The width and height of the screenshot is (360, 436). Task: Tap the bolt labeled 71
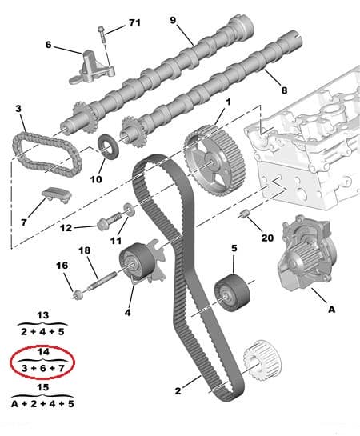(102, 36)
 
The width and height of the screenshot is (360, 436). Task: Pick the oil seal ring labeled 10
(106, 148)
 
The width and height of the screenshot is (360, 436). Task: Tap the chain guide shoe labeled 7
(55, 195)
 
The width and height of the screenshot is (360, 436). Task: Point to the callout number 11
(116, 240)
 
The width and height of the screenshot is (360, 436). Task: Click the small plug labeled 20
(246, 214)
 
